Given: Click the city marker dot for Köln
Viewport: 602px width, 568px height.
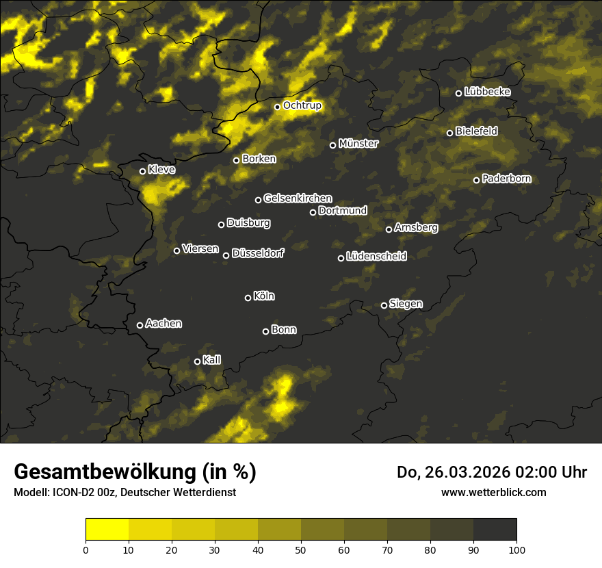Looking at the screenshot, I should (x=248, y=298).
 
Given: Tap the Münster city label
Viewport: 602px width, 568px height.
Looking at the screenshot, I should (x=358, y=144).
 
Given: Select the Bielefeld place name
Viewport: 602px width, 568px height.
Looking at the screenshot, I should (x=476, y=131).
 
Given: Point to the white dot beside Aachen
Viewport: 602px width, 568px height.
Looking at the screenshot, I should (x=140, y=325).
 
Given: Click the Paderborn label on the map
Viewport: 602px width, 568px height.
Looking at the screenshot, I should (x=506, y=179).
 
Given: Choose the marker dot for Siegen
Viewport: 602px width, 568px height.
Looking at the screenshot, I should (x=384, y=305).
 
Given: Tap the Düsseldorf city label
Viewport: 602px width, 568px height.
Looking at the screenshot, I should (x=257, y=253).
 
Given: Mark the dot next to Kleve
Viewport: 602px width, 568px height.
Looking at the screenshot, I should (x=142, y=171).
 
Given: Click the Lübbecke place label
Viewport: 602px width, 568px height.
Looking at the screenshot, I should (x=487, y=92).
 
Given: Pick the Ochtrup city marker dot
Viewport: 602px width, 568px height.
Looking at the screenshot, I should (x=277, y=107).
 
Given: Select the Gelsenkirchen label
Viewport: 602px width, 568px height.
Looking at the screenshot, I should (x=298, y=198).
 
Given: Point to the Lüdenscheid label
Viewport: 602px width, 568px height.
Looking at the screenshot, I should (x=376, y=257).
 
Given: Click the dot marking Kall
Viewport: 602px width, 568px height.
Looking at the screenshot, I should (x=197, y=361).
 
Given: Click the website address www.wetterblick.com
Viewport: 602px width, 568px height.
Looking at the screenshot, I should (x=494, y=492).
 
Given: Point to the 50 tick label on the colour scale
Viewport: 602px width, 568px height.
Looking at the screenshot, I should (x=301, y=550).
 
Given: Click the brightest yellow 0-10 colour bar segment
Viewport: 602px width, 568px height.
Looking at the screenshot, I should (x=107, y=529).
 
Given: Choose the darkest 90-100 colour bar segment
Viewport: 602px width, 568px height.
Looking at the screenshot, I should (x=495, y=529).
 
